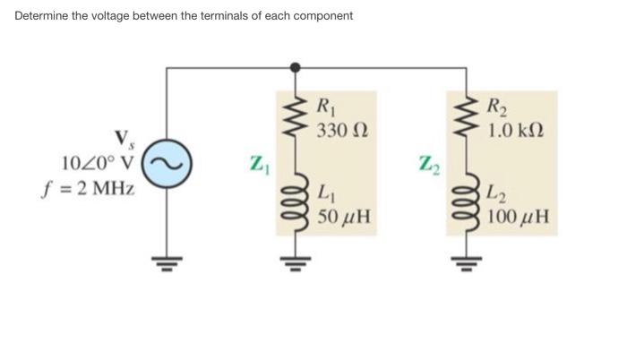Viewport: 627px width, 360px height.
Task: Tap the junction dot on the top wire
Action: pos(296,66)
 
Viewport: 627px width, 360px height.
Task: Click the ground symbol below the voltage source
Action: pos(166,262)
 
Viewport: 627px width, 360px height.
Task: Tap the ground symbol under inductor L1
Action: pos(296,262)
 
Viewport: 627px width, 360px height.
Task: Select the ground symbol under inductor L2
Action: pos(464,262)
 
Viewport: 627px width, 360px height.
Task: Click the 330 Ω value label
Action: pos(337,131)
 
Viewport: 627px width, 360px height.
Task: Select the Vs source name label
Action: pos(123,141)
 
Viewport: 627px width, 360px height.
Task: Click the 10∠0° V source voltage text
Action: pos(99,164)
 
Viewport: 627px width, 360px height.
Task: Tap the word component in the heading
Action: pos(323,15)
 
